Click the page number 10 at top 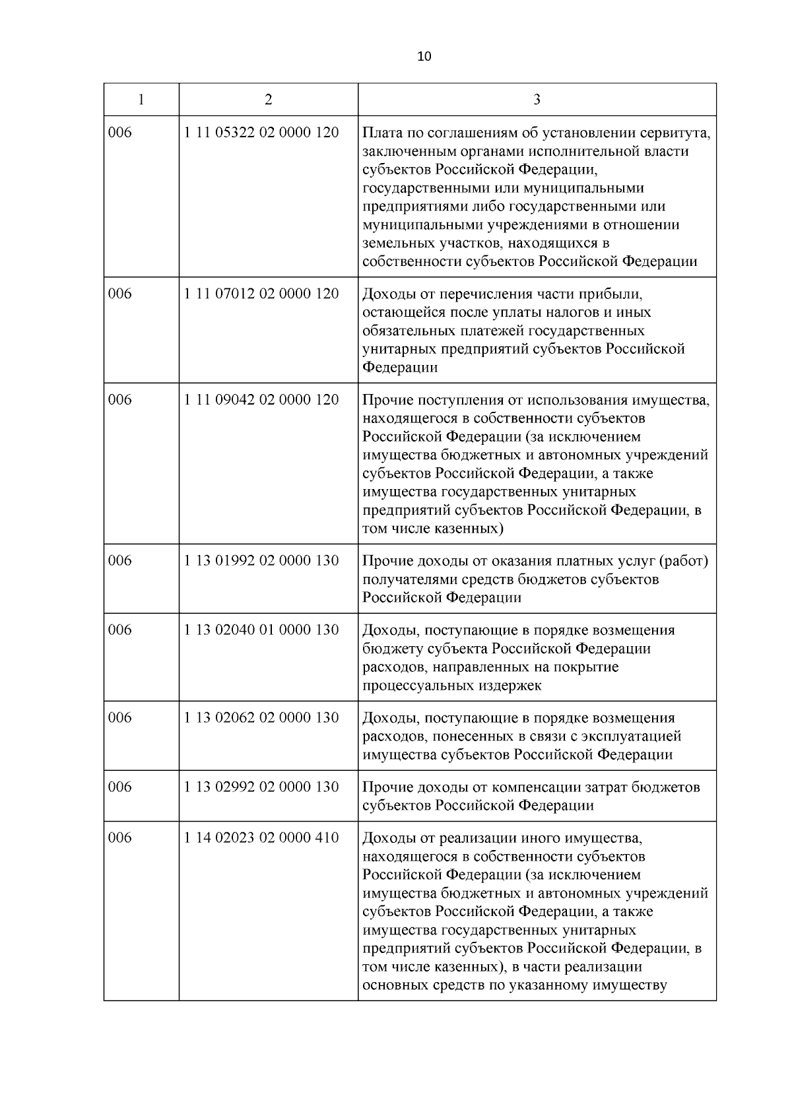tap(424, 57)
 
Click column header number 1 tap(141, 100)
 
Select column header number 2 tap(268, 100)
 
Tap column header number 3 tap(537, 100)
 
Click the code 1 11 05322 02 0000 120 tap(261, 133)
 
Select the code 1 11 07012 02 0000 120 tap(261, 294)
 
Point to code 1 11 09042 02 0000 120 tap(261, 399)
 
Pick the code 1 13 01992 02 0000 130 tap(261, 560)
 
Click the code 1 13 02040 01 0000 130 tap(261, 630)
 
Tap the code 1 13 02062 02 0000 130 tap(261, 717)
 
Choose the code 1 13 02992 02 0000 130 tap(261, 787)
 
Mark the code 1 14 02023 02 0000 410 tap(261, 838)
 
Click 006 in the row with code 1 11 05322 tap(120, 133)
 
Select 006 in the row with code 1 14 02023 tap(120, 838)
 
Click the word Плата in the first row tap(381, 133)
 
